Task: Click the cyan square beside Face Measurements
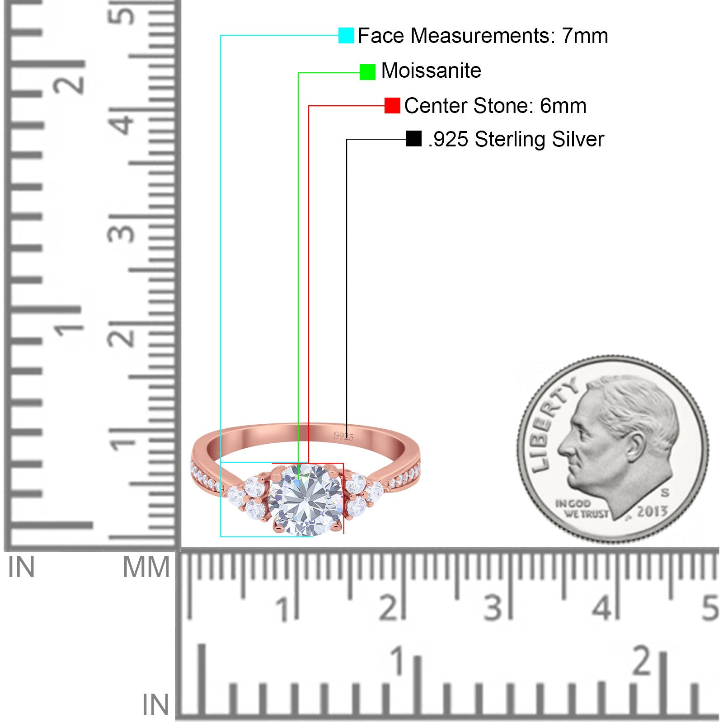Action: [346, 36]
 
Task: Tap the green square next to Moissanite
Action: [367, 72]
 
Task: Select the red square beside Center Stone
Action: [392, 106]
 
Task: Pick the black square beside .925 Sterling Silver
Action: [413, 139]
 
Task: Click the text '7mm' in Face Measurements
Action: [585, 36]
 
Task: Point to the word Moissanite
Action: [431, 70]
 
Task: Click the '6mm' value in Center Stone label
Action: [563, 106]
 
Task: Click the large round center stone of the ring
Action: [305, 500]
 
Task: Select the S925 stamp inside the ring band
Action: [343, 436]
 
